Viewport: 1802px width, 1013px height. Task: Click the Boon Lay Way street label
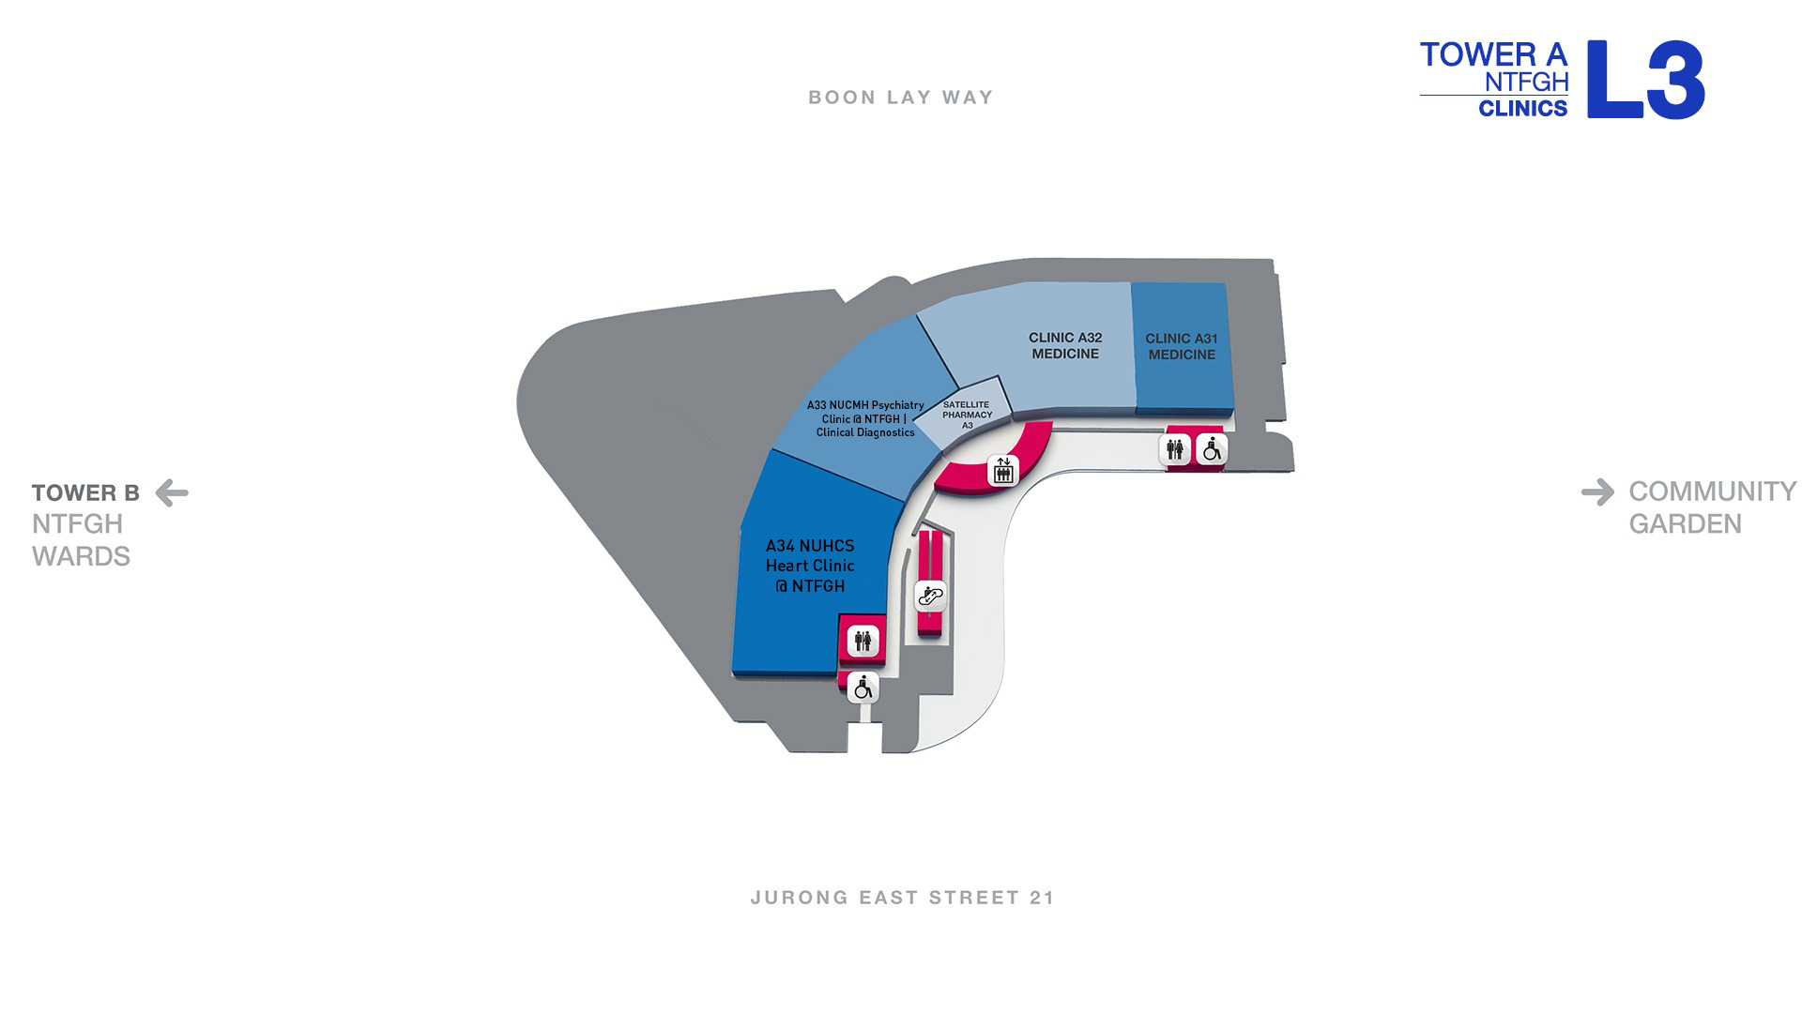[901, 98]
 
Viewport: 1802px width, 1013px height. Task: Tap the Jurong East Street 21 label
[903, 898]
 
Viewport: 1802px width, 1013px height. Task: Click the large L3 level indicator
[1646, 80]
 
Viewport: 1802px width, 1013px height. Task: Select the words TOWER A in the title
[1493, 54]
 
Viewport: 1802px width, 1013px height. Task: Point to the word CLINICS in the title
[1522, 109]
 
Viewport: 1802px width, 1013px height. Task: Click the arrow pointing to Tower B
[172, 492]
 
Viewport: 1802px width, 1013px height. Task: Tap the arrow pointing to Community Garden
[1597, 491]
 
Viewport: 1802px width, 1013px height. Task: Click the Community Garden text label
[1712, 507]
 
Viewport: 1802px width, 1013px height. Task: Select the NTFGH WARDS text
[81, 540]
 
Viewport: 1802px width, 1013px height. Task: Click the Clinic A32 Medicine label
[1065, 346]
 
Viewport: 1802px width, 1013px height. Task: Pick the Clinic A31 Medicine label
[1182, 346]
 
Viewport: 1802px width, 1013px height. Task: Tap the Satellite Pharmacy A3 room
[964, 414]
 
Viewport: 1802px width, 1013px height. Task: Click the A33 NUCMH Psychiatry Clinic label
[865, 418]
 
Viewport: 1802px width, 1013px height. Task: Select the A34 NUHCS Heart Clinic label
[810, 566]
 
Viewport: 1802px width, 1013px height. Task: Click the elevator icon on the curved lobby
[1003, 470]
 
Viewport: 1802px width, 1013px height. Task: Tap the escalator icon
[930, 596]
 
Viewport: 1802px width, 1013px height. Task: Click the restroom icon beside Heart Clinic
[863, 642]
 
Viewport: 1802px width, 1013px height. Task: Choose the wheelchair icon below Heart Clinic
[863, 688]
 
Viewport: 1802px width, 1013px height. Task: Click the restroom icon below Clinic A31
[1175, 450]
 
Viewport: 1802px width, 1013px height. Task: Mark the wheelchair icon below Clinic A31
[1212, 450]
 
